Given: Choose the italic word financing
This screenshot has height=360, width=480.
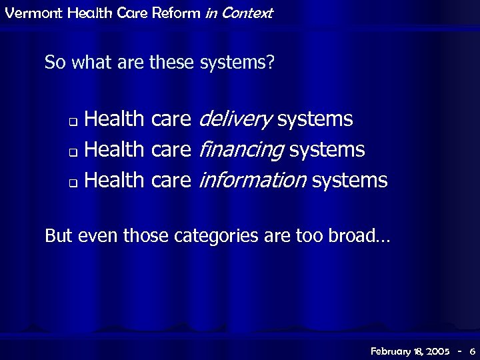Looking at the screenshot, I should [241, 150].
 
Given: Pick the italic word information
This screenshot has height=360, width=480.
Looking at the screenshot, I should [252, 180].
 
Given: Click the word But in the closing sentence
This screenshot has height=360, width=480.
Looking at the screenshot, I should [58, 236].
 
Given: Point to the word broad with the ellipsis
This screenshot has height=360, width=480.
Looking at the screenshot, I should [360, 236].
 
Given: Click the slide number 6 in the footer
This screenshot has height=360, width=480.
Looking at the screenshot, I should [472, 351].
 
